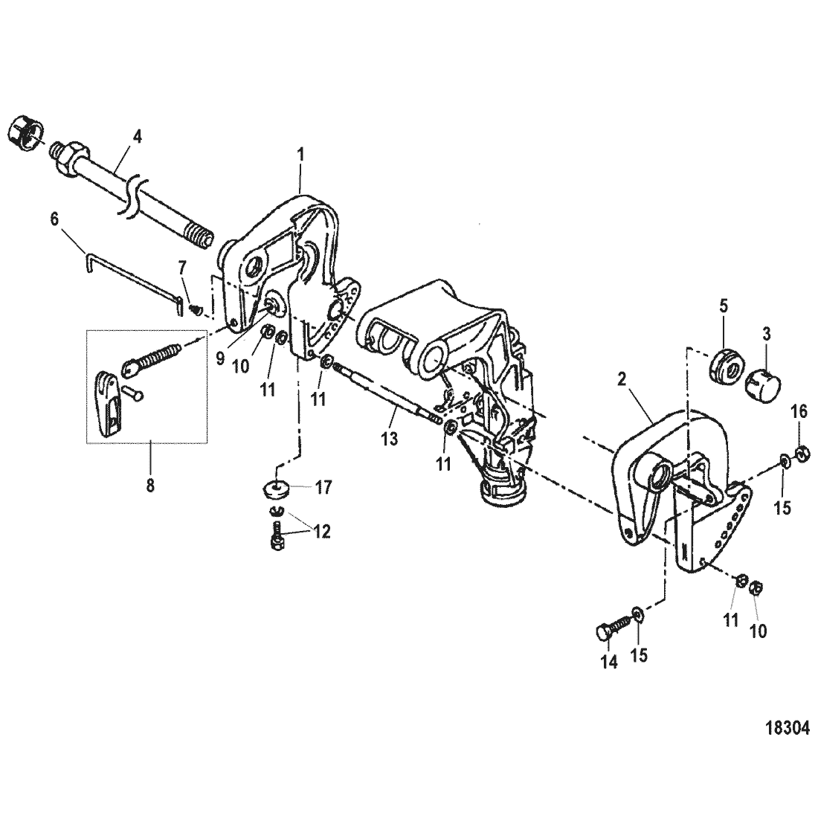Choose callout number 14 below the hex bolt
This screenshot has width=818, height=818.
(608, 663)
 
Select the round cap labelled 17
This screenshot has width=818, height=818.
(278, 490)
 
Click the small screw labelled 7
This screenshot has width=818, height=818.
(196, 307)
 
